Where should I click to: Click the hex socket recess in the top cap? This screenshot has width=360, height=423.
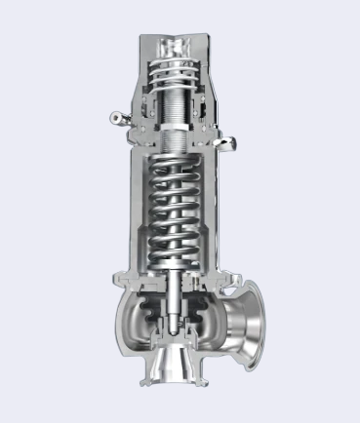point(180,46)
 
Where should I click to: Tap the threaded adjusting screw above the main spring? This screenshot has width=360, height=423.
point(180,116)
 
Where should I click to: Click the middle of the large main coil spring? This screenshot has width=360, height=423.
point(180,210)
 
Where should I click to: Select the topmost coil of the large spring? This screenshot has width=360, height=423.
point(180,167)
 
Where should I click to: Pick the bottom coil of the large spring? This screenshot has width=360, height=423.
point(180,255)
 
